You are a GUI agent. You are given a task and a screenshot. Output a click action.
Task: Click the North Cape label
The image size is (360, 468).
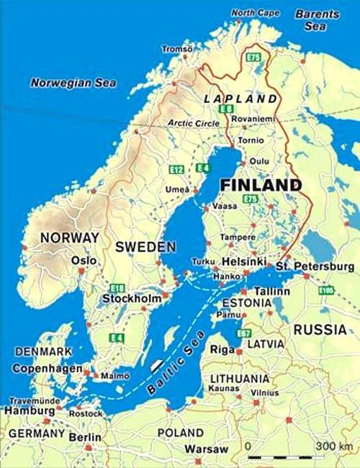(254, 12)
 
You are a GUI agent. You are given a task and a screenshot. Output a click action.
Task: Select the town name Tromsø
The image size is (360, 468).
(177, 49)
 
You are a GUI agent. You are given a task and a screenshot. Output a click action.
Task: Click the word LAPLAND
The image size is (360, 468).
(241, 98)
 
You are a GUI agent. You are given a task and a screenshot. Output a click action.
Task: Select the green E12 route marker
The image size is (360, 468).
(176, 169)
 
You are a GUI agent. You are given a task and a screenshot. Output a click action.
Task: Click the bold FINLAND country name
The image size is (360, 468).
(260, 185)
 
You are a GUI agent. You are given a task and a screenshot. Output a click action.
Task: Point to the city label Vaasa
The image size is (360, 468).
(225, 206)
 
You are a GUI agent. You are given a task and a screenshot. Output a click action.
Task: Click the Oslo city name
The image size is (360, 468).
(84, 260)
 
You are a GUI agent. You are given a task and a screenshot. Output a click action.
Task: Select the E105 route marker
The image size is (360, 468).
(327, 290)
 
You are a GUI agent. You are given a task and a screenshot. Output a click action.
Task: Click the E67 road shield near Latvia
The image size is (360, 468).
(244, 333)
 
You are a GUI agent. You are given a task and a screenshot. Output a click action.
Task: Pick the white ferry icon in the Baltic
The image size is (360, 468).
(154, 364)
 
